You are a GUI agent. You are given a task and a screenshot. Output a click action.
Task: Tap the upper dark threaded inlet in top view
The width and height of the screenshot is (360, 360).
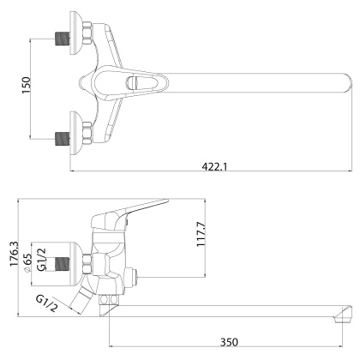pyautogui.click(x=60, y=38)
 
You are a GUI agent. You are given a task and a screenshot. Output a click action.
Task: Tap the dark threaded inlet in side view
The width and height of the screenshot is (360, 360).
pyautogui.click(x=60, y=262)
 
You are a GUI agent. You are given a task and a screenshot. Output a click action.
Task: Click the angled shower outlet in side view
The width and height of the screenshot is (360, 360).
pyautogui.click(x=82, y=301)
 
